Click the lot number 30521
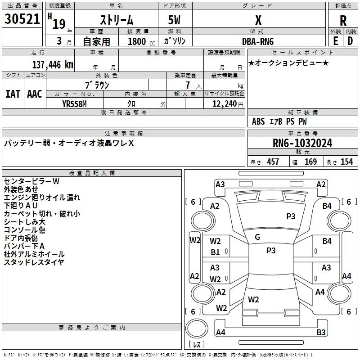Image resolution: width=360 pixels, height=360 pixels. [22, 19]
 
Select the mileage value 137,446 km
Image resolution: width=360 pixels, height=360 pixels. [53, 65]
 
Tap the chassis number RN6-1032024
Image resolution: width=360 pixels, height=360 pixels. [302, 143]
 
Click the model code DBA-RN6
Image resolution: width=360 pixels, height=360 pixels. [258, 41]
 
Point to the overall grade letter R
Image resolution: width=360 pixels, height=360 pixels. [343, 21]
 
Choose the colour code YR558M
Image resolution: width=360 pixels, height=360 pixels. [74, 104]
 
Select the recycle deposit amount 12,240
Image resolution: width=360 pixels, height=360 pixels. [225, 104]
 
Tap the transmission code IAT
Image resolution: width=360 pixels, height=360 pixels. [13, 94]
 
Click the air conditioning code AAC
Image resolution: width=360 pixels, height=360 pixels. [35, 94]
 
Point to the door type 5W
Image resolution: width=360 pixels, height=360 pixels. [174, 20]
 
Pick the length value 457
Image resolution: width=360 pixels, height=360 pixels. [273, 162]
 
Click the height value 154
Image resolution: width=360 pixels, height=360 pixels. [346, 162]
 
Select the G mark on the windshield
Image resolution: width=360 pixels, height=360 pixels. [257, 237]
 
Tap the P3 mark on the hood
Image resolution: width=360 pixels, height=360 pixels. [291, 216]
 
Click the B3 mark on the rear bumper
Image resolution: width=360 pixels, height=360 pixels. [321, 332]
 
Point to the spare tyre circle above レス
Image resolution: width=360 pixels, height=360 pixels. [197, 328]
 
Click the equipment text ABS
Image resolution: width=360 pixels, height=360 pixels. [258, 121]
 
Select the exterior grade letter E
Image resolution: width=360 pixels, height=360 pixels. [335, 41]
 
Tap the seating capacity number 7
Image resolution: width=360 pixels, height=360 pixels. [188, 85]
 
